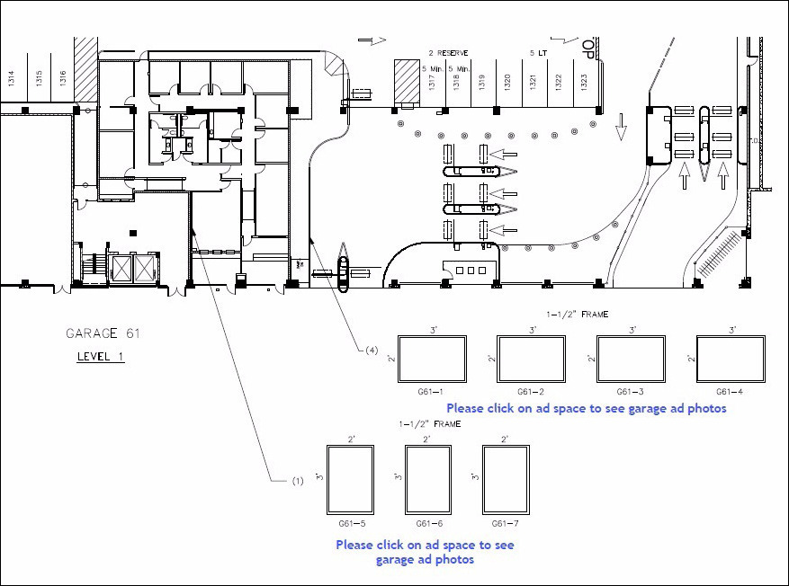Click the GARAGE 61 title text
click(103, 333)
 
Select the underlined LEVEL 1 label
click(100, 357)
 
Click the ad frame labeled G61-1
click(433, 360)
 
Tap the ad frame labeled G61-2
click(533, 360)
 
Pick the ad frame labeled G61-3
click(632, 360)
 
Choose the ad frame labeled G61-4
click(731, 360)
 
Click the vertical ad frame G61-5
click(351, 480)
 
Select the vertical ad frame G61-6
click(428, 480)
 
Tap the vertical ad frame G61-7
click(505, 480)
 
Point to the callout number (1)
click(297, 481)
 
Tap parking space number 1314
click(11, 78)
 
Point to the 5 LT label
click(538, 53)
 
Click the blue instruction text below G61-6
click(425, 552)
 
